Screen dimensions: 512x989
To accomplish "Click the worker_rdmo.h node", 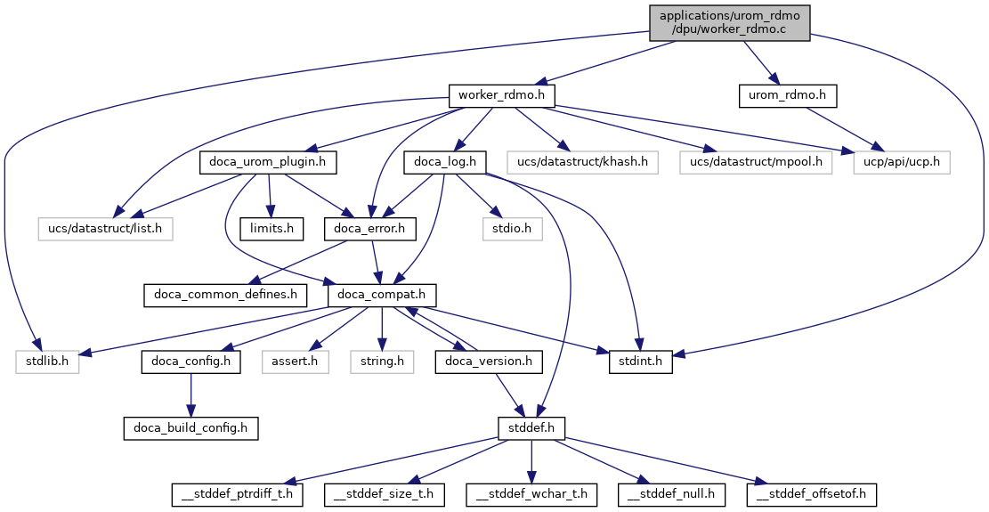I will pyautogui.click(x=501, y=94).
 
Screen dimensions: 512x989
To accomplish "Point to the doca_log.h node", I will pyautogui.click(x=445, y=162).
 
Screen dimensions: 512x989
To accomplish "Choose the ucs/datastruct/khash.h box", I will pyautogui.click(x=583, y=162).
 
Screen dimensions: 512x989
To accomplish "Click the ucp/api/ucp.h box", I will pyautogui.click(x=901, y=162).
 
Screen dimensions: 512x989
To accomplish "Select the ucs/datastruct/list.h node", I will pyautogui.click(x=104, y=230).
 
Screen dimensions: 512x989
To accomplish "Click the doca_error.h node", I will pyautogui.click(x=370, y=230).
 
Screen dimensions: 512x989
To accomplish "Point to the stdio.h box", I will pyautogui.click(x=511, y=230).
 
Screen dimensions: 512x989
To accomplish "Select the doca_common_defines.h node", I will pyautogui.click(x=225, y=295).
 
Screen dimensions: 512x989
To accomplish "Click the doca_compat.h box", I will pyautogui.click(x=383, y=295).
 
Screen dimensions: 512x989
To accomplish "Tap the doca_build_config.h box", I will pyautogui.click(x=191, y=428).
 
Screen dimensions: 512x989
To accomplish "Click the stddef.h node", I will pyautogui.click(x=531, y=428).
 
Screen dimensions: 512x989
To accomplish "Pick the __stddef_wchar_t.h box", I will pyautogui.click(x=532, y=492).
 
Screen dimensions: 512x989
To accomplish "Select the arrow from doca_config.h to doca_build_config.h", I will pyautogui.click(x=191, y=394).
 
